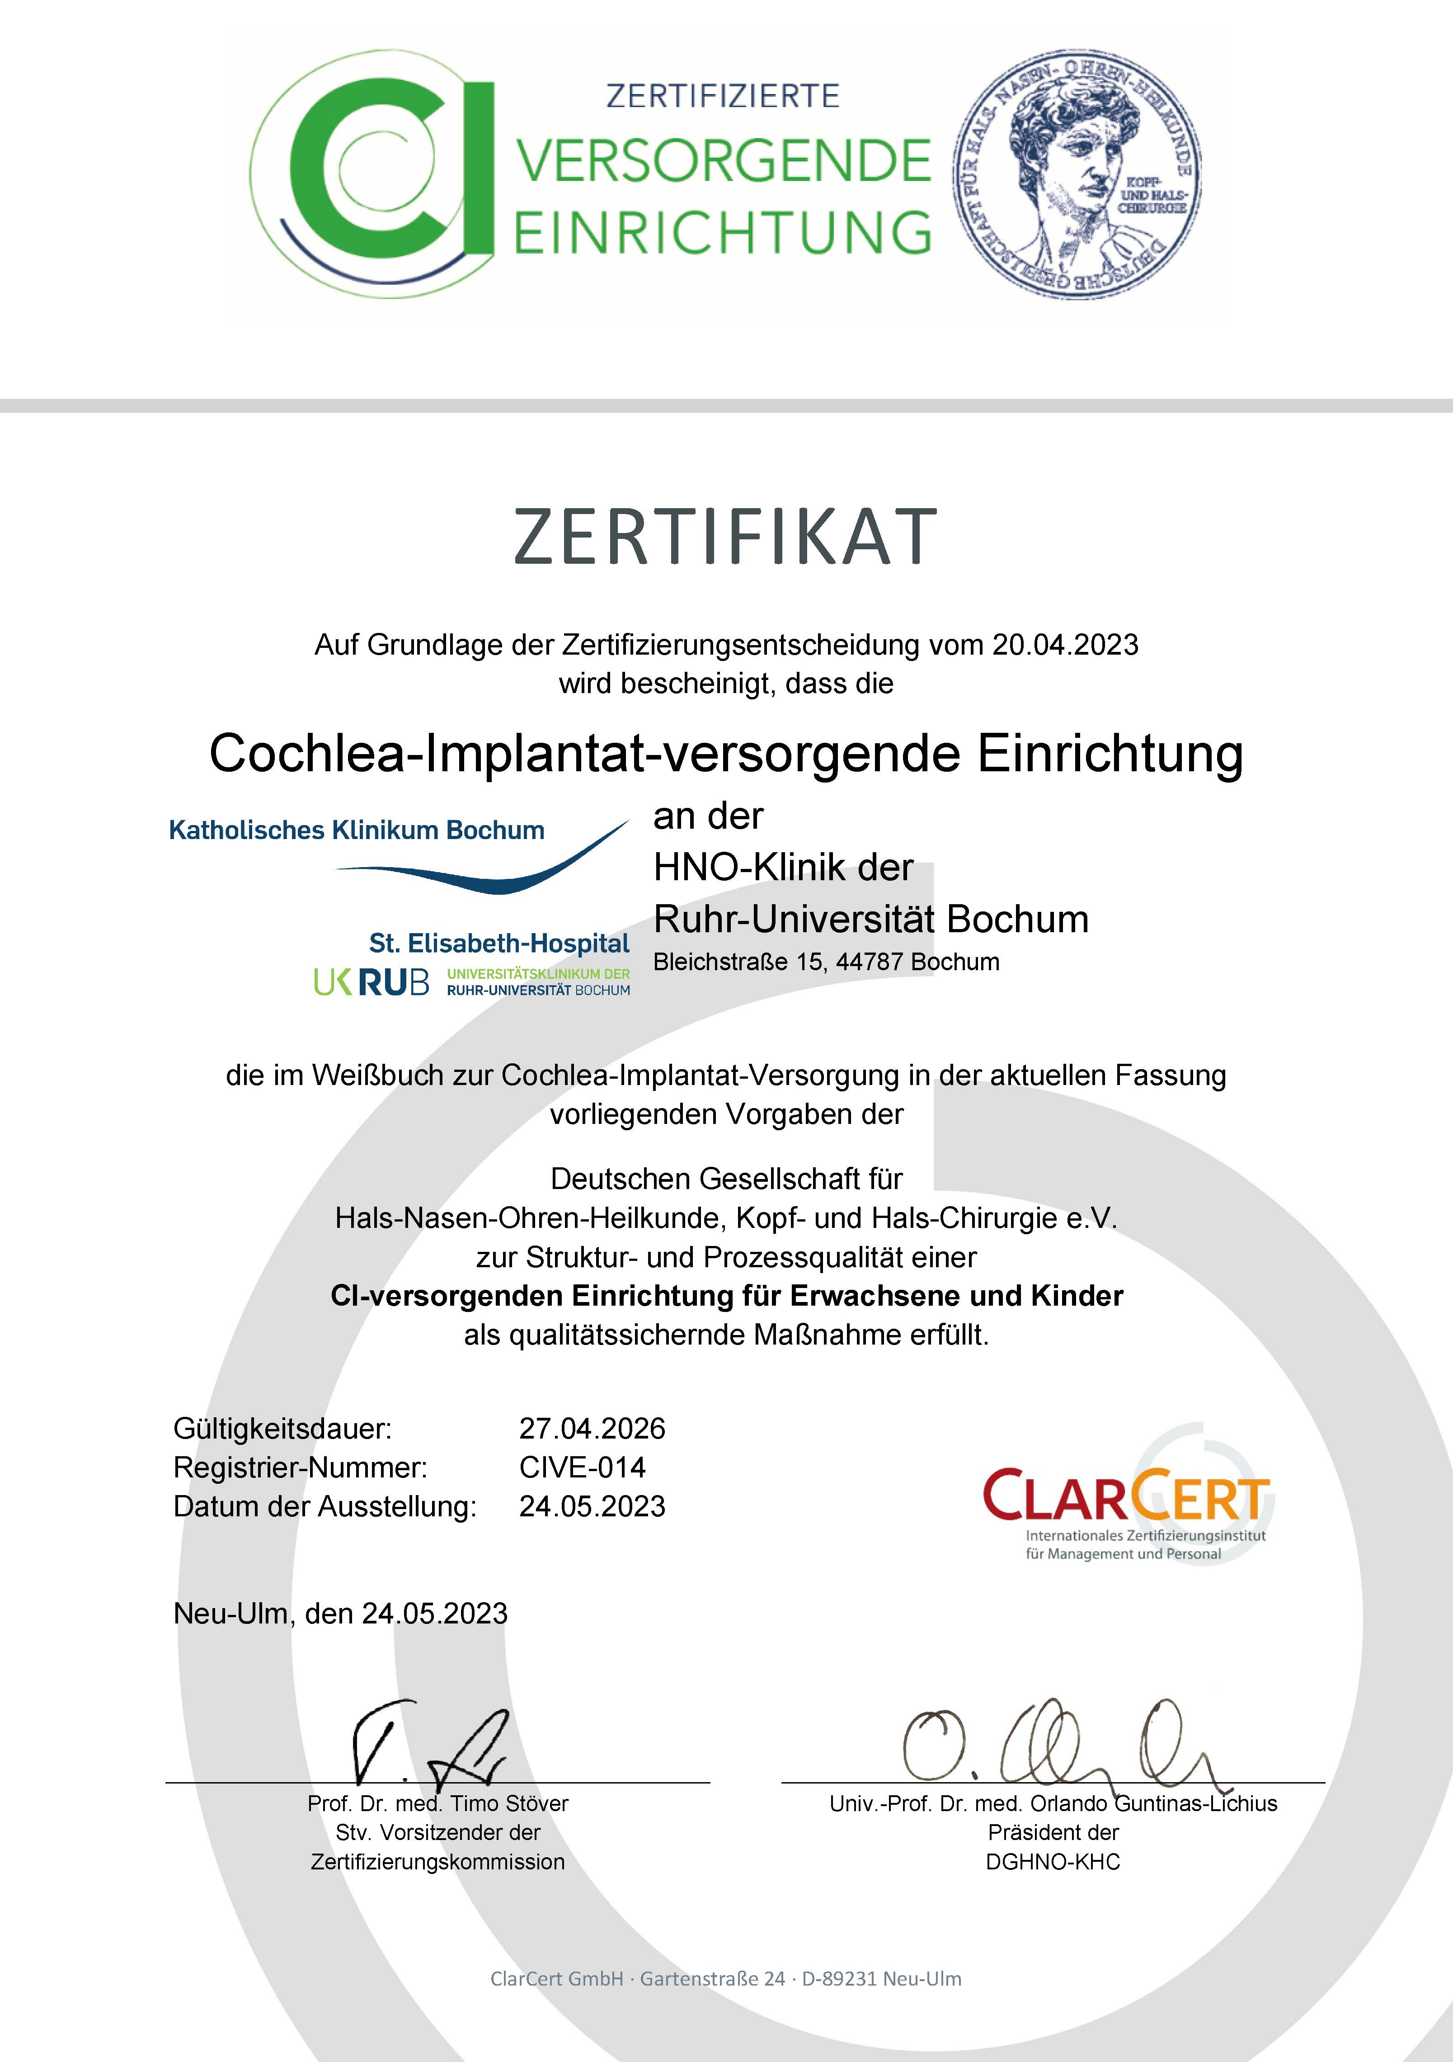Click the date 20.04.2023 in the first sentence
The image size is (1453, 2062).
(1065, 645)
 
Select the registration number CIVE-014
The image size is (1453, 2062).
(582, 1467)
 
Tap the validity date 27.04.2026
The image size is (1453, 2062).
(592, 1428)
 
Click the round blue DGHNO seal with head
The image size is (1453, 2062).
(1077, 174)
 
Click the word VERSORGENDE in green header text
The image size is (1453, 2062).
(724, 162)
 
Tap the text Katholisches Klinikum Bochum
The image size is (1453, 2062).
(357, 830)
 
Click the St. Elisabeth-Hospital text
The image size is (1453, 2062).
(499, 943)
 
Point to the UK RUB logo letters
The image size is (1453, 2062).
(371, 981)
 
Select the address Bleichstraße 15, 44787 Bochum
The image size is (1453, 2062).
(826, 962)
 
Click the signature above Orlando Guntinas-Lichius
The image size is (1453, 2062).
(1060, 1742)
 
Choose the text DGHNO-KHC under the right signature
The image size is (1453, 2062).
(1053, 1862)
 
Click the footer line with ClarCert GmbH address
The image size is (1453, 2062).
(726, 1978)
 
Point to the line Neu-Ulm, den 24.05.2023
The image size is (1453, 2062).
(340, 1614)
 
